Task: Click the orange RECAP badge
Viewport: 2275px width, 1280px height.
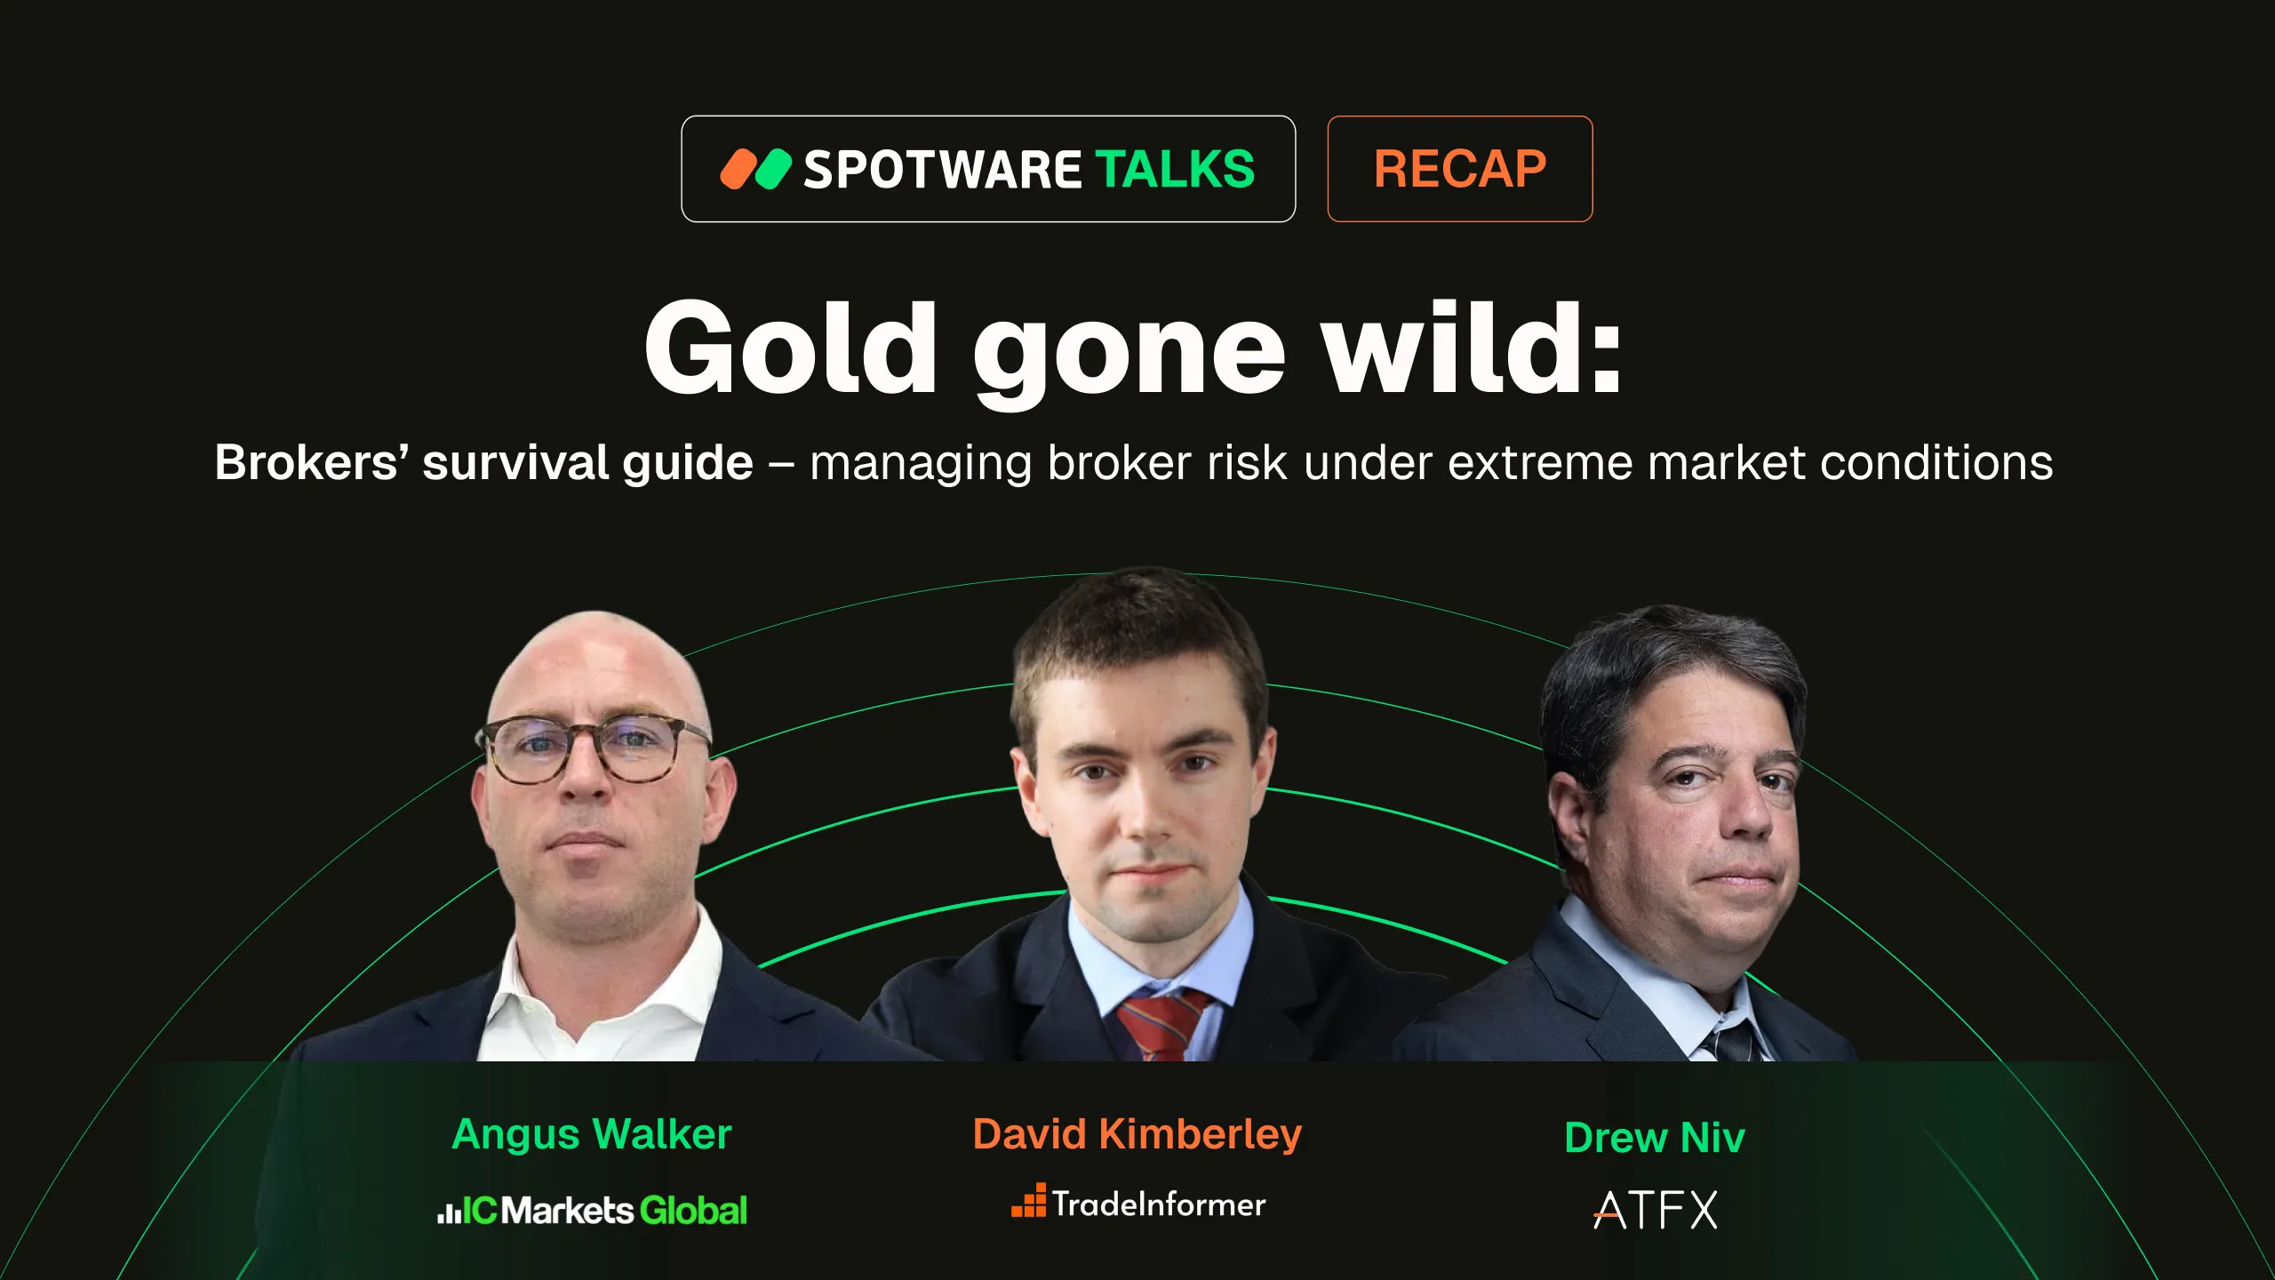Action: tap(1459, 169)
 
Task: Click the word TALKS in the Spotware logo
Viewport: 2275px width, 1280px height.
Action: tap(1174, 169)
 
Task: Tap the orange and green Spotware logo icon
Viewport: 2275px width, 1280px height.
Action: tap(754, 169)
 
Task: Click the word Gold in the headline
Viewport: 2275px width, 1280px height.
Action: tap(790, 348)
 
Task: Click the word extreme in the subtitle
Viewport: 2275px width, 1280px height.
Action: tap(1540, 463)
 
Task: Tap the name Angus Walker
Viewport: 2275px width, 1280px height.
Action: tap(591, 1134)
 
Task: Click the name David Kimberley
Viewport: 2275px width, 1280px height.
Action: tap(1137, 1134)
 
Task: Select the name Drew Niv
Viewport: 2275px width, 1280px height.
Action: tap(1654, 1138)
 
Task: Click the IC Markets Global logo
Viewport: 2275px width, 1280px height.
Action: tap(592, 1211)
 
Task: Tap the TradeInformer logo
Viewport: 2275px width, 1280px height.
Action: tap(1138, 1204)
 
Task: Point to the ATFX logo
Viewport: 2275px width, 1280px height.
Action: tap(1655, 1210)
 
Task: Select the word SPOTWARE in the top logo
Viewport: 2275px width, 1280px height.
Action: tap(942, 169)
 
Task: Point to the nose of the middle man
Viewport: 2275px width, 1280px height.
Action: tap(1146, 813)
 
